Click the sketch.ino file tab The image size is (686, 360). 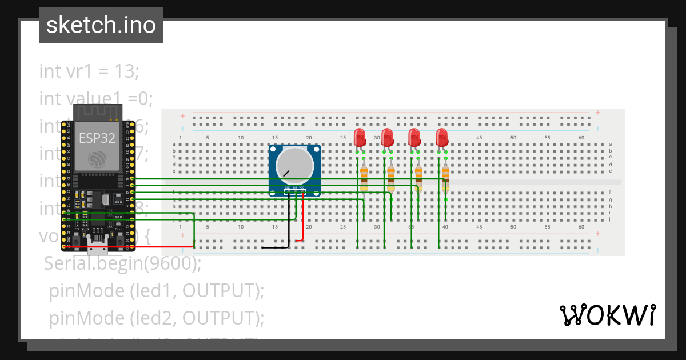pyautogui.click(x=101, y=25)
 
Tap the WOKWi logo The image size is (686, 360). pyautogui.click(x=607, y=315)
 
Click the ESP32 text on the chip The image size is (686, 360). pyautogui.click(x=97, y=138)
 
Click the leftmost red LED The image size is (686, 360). pyautogui.click(x=360, y=138)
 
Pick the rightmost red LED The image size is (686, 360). pyautogui.click(x=442, y=138)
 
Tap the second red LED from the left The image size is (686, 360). pyautogui.click(x=388, y=138)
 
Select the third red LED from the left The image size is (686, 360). pyautogui.click(x=414, y=138)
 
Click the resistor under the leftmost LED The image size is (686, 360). pyautogui.click(x=364, y=177)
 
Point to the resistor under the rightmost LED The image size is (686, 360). pyautogui.click(x=445, y=177)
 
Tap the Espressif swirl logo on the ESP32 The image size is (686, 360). pyautogui.click(x=97, y=159)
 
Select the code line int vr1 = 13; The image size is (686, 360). pyautogui.click(x=89, y=71)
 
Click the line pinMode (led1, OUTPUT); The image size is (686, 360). pyautogui.click(x=157, y=291)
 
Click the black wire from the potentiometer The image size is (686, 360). pyautogui.click(x=289, y=223)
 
